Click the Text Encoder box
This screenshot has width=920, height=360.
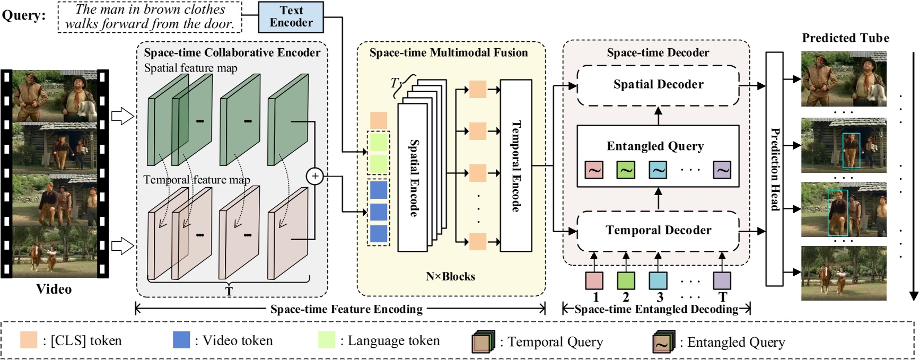tap(291, 17)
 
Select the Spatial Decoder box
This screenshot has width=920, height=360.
tap(658, 85)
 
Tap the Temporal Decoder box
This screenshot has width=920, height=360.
tap(658, 231)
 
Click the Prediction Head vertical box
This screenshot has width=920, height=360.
tap(775, 169)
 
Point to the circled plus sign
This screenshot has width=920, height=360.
tap(315, 176)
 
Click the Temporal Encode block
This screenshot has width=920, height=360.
tap(516, 166)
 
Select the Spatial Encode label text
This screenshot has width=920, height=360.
tap(414, 178)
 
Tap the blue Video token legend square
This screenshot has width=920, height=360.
tap(181, 340)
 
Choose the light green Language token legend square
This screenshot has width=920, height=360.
tap(327, 340)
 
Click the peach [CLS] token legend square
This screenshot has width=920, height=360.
tap(29, 340)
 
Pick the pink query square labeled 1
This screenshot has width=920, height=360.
tap(594, 280)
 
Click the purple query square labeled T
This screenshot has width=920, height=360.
tap(722, 280)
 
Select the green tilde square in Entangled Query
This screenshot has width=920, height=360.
tap(626, 170)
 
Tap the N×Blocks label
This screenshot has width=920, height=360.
tap(450, 277)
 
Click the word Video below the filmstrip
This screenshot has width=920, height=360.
tap(54, 289)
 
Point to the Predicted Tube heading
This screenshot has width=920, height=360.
tap(845, 38)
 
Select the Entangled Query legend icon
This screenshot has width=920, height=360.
tap(663, 343)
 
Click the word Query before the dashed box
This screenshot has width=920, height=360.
tap(23, 15)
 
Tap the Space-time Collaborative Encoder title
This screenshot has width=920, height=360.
tap(232, 52)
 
